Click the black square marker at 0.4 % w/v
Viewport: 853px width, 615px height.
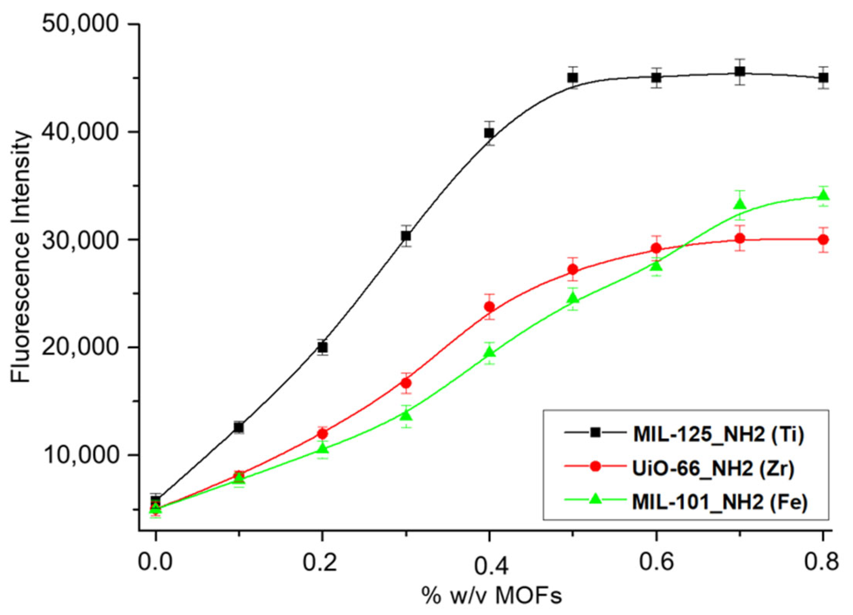489,133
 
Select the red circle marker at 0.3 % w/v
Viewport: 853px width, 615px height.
406,383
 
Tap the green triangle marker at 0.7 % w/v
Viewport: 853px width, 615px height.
739,204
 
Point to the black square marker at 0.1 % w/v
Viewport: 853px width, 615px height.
239,427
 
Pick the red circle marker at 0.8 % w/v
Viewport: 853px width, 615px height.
823,240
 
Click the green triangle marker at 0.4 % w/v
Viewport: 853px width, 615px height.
489,352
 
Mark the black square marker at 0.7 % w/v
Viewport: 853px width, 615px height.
739,72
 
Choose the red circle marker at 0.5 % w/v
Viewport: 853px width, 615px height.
573,270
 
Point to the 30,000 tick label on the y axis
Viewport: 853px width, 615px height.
80,240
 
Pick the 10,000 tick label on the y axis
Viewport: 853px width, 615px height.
80,455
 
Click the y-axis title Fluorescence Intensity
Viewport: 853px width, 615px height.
20,257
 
